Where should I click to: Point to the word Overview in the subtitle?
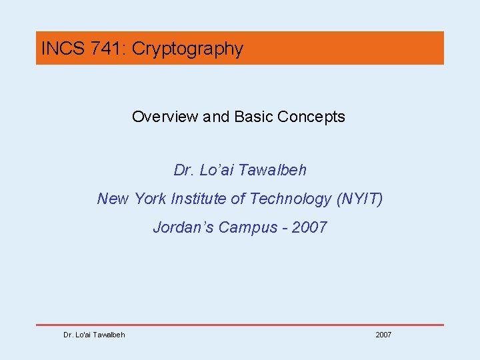tap(165, 117)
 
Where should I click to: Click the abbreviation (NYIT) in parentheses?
tap(361, 199)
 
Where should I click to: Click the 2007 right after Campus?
tap(309, 227)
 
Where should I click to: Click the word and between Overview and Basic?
tap(216, 117)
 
